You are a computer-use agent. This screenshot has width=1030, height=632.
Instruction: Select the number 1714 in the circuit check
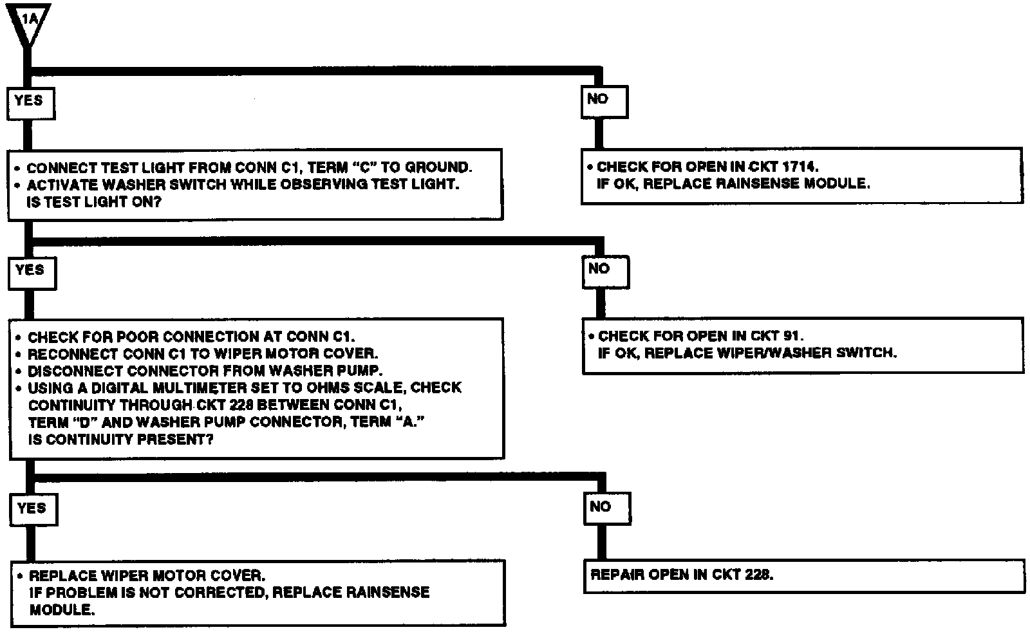click(800, 167)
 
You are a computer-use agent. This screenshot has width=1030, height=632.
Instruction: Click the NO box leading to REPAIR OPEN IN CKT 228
click(606, 508)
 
